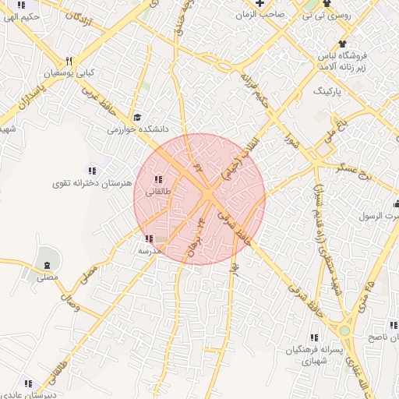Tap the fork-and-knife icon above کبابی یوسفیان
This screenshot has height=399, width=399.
coord(69,60)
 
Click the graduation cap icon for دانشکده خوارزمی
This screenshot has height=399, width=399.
coord(138,118)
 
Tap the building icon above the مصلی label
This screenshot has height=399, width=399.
coord(48,258)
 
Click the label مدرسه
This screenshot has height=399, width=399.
coord(149,251)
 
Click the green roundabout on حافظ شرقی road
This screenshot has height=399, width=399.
coord(344,330)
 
